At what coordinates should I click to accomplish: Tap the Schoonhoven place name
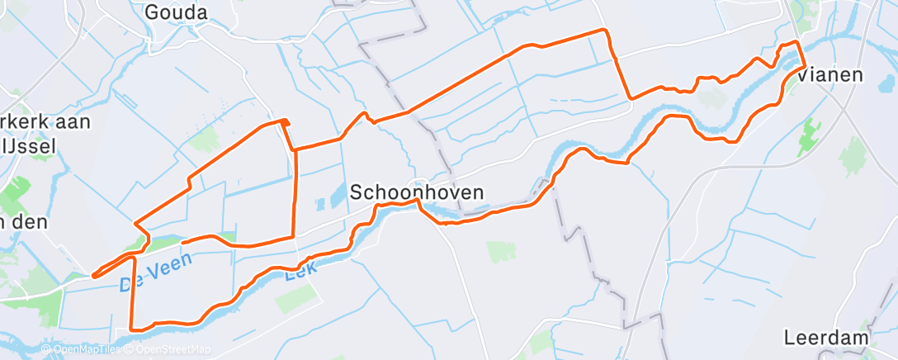[417, 192]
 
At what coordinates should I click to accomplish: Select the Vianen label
[831, 74]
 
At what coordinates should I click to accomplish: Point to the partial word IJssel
[31, 146]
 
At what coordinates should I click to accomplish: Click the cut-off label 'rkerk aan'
[45, 121]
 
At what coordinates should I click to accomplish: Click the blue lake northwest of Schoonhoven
[337, 195]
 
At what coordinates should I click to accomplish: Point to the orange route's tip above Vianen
[796, 41]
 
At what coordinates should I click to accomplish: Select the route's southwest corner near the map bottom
[133, 328]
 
